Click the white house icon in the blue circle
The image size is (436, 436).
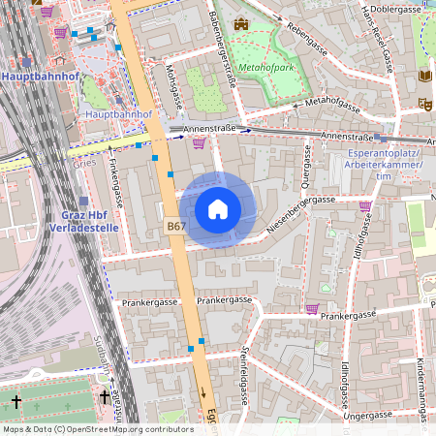[218, 209]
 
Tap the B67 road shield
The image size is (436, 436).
[175, 226]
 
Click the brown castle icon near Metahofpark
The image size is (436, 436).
[240, 24]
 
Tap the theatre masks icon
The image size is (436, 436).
[424, 102]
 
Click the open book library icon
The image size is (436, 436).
[423, 76]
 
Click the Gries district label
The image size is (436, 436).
[82, 164]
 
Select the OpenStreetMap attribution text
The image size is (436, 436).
[97, 429]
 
